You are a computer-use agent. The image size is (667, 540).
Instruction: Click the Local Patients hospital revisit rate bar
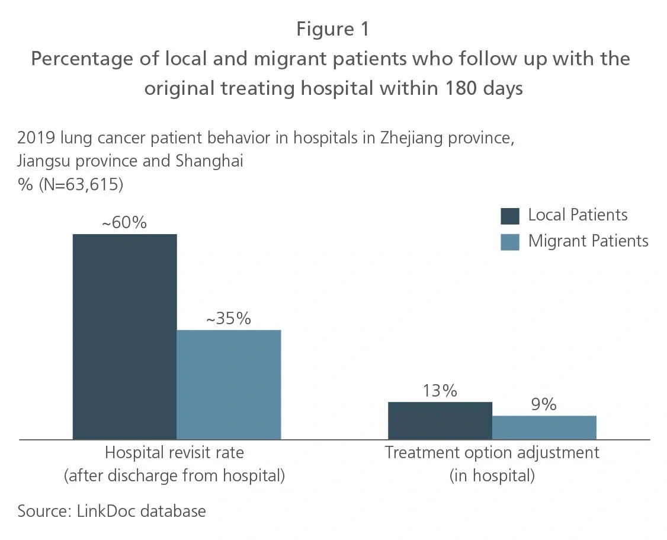click(124, 336)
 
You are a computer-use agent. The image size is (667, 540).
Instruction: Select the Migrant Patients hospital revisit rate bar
click(229, 384)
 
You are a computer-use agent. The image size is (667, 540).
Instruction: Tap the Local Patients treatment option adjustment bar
click(440, 420)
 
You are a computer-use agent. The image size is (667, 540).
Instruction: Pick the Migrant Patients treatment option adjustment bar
click(544, 427)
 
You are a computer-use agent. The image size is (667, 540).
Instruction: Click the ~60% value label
click(124, 223)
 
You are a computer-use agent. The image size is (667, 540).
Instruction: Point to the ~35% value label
click(228, 319)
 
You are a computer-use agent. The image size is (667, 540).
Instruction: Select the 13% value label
click(440, 391)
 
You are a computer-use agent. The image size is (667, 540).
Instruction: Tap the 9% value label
click(544, 405)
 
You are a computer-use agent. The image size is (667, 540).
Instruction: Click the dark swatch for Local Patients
click(509, 216)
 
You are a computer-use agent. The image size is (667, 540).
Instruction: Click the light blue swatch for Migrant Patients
click(509, 242)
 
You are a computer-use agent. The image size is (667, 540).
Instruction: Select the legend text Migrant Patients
click(588, 241)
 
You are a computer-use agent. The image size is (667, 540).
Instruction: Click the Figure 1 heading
click(332, 29)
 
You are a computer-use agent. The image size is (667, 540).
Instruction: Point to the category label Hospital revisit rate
click(174, 453)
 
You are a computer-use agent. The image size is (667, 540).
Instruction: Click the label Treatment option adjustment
click(492, 453)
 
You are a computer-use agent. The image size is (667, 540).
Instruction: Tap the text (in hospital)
click(492, 475)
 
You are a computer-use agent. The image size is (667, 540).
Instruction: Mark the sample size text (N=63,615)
click(81, 184)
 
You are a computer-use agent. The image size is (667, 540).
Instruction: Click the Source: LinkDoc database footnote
click(112, 511)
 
